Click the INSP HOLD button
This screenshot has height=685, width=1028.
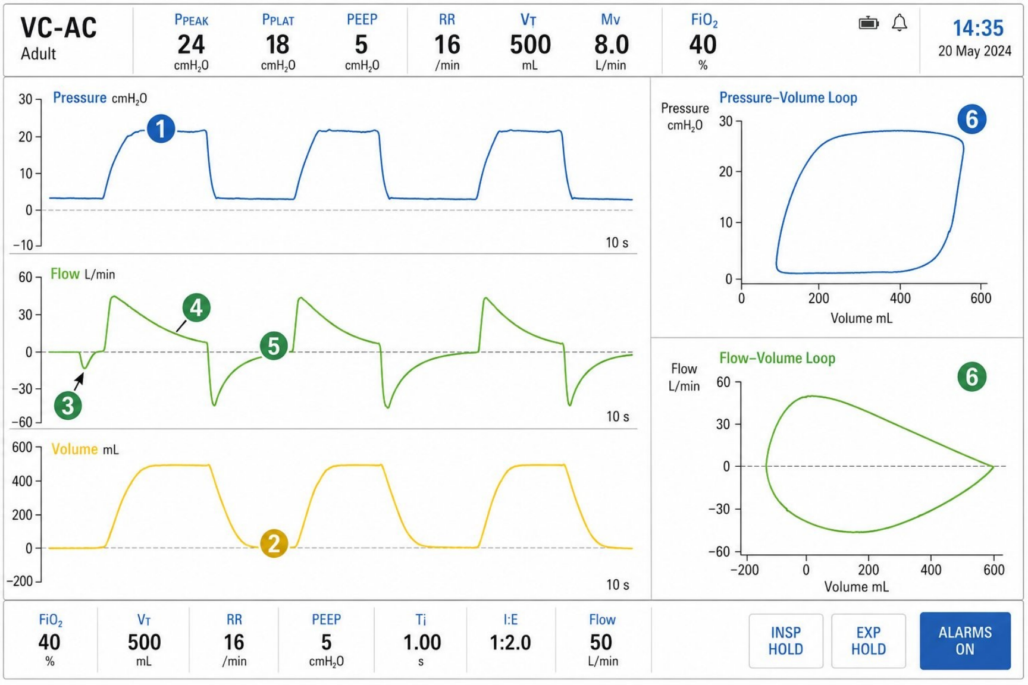pyautogui.click(x=786, y=641)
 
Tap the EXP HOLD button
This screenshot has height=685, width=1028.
pyautogui.click(x=869, y=641)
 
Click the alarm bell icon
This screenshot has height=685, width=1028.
pyautogui.click(x=899, y=23)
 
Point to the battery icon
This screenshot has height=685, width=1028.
pyautogui.click(x=869, y=23)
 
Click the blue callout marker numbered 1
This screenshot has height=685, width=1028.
pyautogui.click(x=161, y=129)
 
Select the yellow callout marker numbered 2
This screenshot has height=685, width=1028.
pyautogui.click(x=274, y=543)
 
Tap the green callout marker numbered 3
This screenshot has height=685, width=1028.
pyautogui.click(x=68, y=406)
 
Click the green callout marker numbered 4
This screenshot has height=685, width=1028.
pyautogui.click(x=196, y=308)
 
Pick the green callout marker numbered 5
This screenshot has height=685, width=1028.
pyautogui.click(x=274, y=346)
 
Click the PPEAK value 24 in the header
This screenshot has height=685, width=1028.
pyautogui.click(x=191, y=45)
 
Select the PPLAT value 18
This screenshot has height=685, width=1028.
pyautogui.click(x=277, y=45)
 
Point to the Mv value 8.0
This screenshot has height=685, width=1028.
pyautogui.click(x=612, y=45)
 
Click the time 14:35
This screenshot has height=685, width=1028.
pyautogui.click(x=978, y=28)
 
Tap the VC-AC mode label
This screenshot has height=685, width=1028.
pyautogui.click(x=58, y=28)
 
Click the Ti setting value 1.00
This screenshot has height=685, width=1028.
pyautogui.click(x=422, y=642)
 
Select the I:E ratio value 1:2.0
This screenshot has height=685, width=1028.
pyautogui.click(x=510, y=642)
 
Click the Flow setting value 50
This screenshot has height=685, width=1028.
pyautogui.click(x=601, y=642)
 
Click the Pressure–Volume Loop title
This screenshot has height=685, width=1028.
pyautogui.click(x=788, y=98)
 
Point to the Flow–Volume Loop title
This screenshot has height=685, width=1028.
pyautogui.click(x=778, y=358)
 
